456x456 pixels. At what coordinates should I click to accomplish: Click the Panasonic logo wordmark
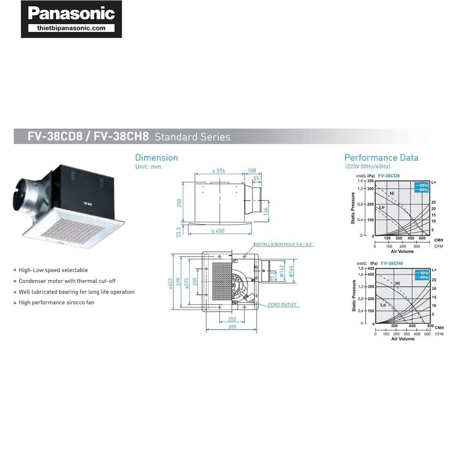[71, 14]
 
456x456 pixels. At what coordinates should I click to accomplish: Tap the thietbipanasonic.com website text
[71, 28]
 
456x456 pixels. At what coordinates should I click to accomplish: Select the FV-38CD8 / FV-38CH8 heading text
[88, 136]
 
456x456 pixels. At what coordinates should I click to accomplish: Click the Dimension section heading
[156, 158]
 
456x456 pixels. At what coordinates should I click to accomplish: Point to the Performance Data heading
[381, 158]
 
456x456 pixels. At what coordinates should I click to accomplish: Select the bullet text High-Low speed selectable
[53, 270]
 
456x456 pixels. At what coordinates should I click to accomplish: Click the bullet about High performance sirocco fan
[56, 302]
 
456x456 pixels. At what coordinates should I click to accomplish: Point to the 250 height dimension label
[179, 203]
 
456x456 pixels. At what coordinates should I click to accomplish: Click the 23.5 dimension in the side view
[179, 232]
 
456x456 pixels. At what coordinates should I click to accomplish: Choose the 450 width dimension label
[218, 231]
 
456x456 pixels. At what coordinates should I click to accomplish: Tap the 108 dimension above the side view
[252, 171]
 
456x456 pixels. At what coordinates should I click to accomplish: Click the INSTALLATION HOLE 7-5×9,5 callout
[283, 244]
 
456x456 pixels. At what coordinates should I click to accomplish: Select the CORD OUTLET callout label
[282, 304]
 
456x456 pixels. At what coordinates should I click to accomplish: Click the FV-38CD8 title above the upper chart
[389, 176]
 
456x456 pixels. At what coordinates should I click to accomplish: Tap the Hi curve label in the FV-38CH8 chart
[397, 283]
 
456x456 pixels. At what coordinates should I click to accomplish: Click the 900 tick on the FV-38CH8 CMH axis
[430, 326]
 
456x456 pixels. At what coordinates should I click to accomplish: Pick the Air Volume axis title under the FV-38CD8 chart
[402, 251]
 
